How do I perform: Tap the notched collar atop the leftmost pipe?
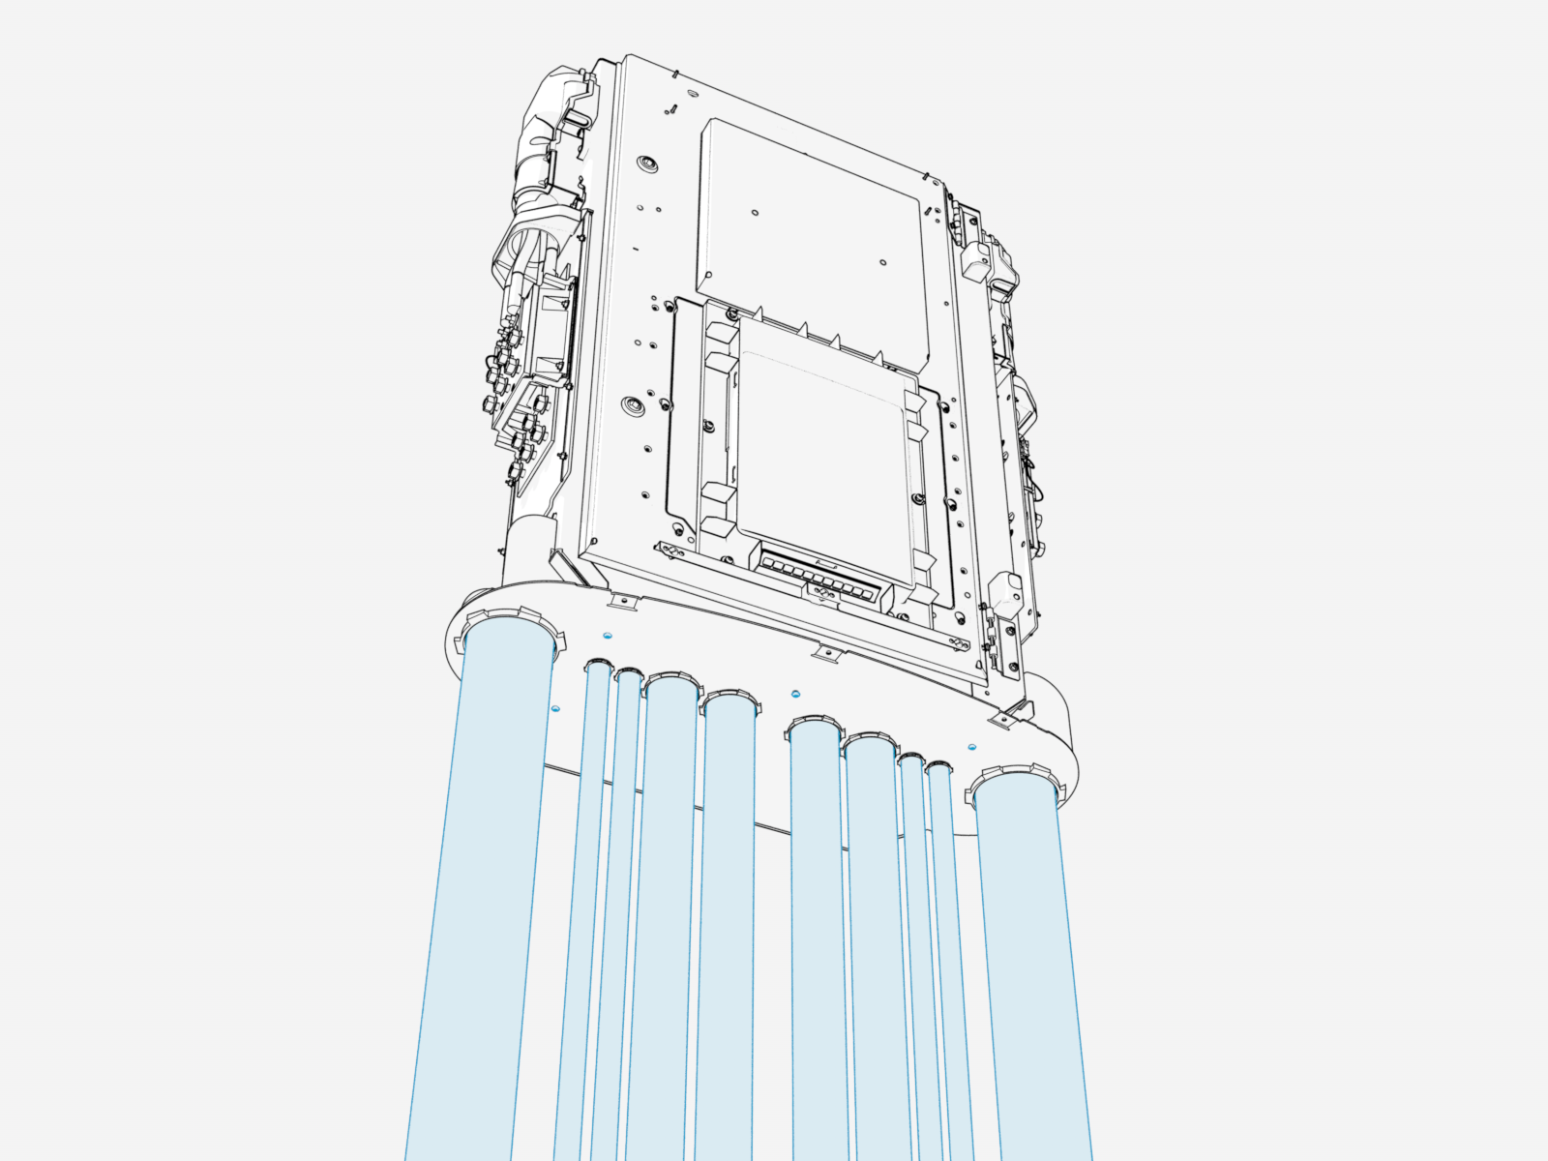(x=510, y=624)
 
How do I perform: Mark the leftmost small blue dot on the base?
(x=554, y=709)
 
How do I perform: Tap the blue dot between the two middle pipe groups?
(x=795, y=694)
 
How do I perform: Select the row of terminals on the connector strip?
(x=822, y=580)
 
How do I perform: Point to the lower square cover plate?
(x=822, y=455)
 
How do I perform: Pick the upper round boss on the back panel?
(x=645, y=163)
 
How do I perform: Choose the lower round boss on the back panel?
(x=633, y=402)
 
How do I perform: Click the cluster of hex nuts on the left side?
(x=513, y=397)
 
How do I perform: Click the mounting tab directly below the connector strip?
(x=825, y=655)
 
